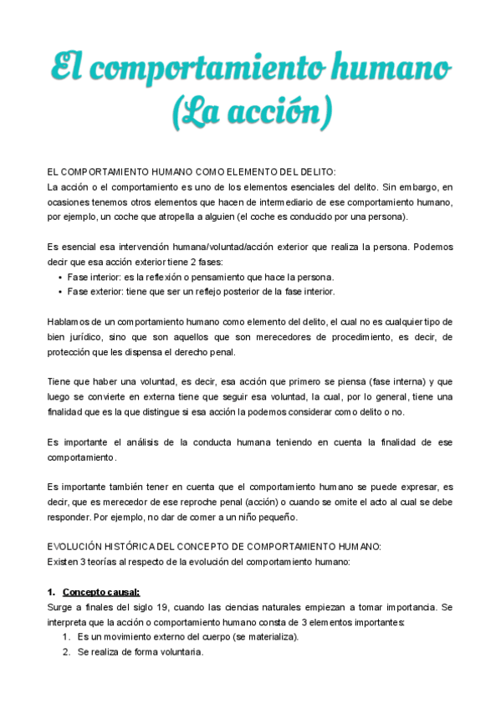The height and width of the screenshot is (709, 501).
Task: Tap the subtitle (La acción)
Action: click(x=252, y=111)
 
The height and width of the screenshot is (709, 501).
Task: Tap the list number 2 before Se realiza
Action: click(x=66, y=652)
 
